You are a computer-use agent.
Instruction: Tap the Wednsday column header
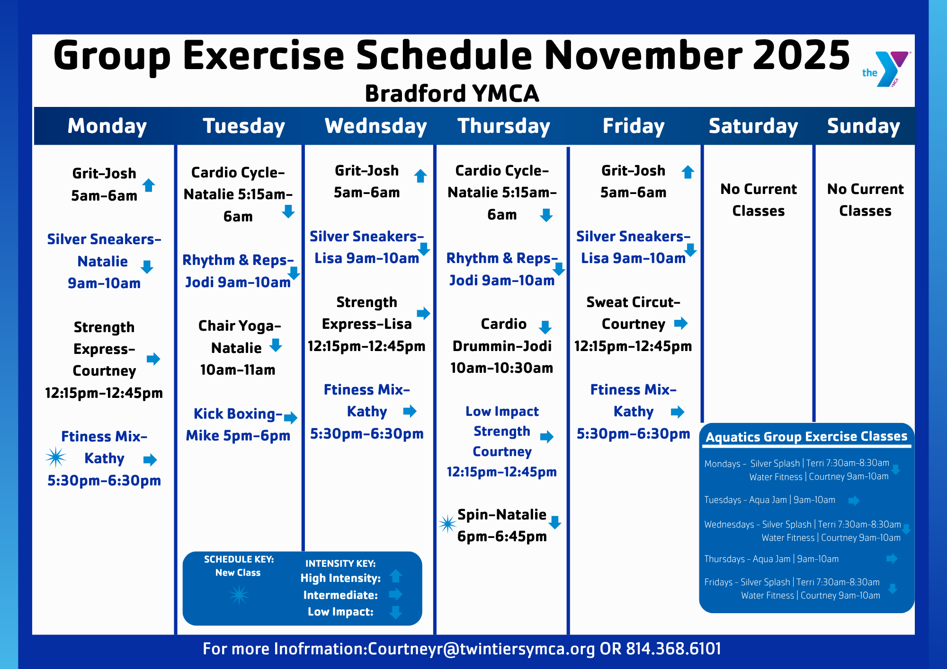pyautogui.click(x=376, y=126)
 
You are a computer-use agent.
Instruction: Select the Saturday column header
pyautogui.click(x=753, y=126)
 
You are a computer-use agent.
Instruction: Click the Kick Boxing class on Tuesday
pyautogui.click(x=238, y=424)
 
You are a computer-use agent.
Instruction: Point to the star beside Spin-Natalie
pyautogui.click(x=447, y=524)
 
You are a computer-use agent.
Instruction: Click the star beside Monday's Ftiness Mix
pyautogui.click(x=55, y=457)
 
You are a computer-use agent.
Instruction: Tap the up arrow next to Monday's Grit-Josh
pyautogui.click(x=149, y=185)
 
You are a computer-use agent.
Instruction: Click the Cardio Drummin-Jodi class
pyautogui.click(x=502, y=346)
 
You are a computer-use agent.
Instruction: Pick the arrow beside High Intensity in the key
pyautogui.click(x=396, y=576)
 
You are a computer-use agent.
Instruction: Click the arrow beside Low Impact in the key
pyautogui.click(x=396, y=612)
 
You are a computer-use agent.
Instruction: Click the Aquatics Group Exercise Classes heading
pyautogui.click(x=806, y=436)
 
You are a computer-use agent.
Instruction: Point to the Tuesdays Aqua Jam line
pyautogui.click(x=769, y=500)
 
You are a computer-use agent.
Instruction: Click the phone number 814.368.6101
pyautogui.click(x=674, y=649)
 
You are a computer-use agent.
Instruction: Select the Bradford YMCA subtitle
pyautogui.click(x=452, y=93)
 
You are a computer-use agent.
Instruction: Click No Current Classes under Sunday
pyautogui.click(x=865, y=200)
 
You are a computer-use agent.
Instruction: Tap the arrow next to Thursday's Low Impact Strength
pyautogui.click(x=547, y=437)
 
